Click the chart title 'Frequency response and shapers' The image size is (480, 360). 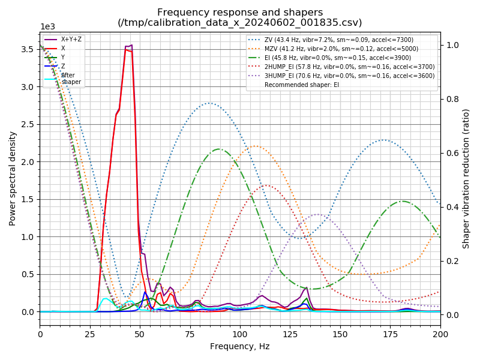click(x=240, y=12)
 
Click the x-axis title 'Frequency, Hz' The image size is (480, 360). click(x=240, y=346)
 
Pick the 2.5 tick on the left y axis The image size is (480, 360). click(x=26, y=124)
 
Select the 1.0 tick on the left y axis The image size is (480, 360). click(x=26, y=237)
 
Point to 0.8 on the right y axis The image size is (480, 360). click(x=453, y=99)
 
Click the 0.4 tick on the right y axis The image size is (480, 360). click(x=453, y=207)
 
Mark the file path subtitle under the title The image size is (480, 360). click(x=240, y=23)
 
